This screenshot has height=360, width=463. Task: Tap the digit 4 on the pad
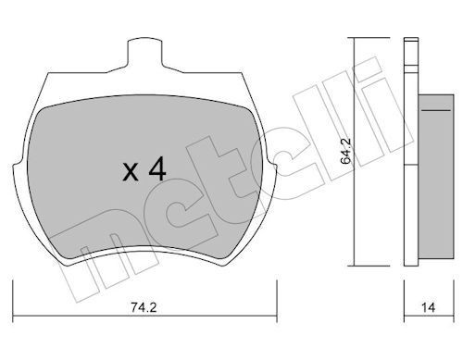coord(156,168)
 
